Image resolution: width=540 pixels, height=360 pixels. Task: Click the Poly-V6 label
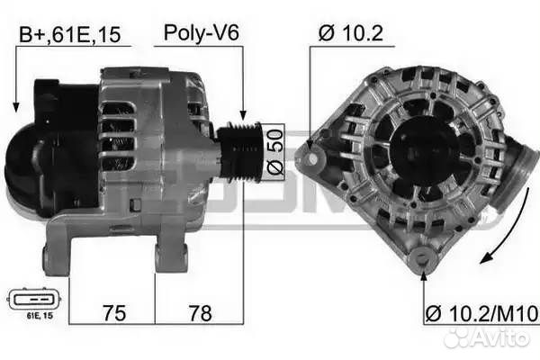pos(201,34)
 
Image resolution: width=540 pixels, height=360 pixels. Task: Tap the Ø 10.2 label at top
pos(350,34)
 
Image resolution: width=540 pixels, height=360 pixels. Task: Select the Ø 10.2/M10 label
pos(481,313)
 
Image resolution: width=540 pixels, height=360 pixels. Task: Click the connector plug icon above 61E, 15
pos(33,298)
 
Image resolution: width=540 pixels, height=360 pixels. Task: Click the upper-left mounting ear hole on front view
pos(311,160)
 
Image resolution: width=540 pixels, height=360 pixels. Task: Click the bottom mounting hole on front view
pos(418,262)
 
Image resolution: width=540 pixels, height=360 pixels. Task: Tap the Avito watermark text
pos(499,337)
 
